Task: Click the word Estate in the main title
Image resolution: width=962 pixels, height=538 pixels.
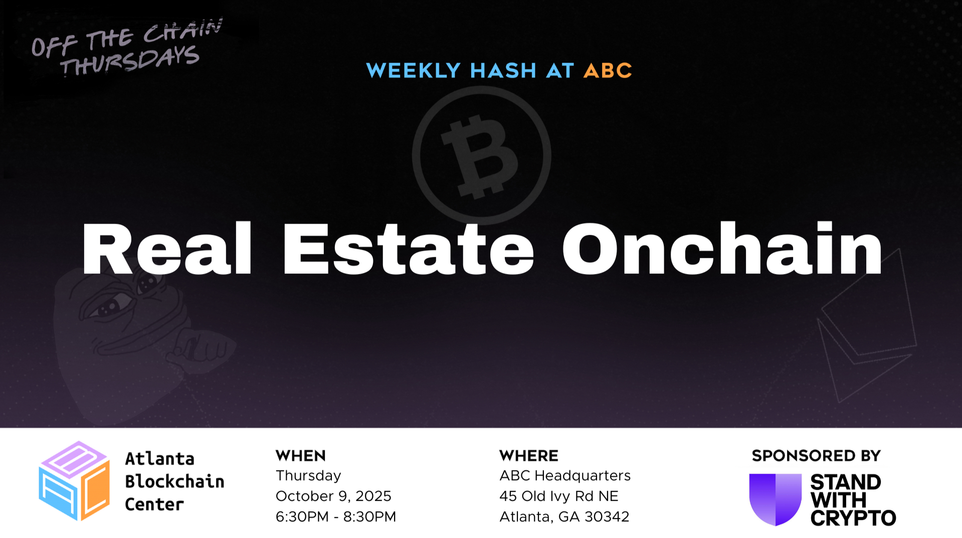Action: click(x=409, y=249)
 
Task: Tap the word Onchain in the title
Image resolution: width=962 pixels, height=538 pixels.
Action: click(x=722, y=248)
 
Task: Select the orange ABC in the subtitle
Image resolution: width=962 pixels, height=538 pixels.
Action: click(x=608, y=71)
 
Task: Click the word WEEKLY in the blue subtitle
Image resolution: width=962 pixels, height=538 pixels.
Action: click(x=413, y=71)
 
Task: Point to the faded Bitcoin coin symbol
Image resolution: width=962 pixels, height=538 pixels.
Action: click(x=481, y=156)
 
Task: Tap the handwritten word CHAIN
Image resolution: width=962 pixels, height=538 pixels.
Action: click(x=182, y=31)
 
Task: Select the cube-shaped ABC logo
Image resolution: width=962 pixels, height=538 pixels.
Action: click(x=74, y=481)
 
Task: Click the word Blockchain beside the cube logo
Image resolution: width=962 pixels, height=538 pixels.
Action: click(x=174, y=481)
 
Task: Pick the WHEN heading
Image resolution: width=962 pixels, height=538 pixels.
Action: click(x=301, y=456)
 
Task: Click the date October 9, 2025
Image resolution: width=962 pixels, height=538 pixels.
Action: click(x=333, y=496)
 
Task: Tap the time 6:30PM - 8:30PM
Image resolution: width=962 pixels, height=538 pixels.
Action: click(x=336, y=516)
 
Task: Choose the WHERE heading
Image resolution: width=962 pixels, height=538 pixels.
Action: click(x=529, y=456)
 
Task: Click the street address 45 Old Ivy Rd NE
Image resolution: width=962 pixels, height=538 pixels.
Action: click(x=559, y=496)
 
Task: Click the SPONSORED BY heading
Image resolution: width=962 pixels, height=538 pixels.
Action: click(x=816, y=456)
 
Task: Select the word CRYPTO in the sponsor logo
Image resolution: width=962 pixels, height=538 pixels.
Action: click(x=853, y=518)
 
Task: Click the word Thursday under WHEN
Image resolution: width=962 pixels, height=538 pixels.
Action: click(x=308, y=476)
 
